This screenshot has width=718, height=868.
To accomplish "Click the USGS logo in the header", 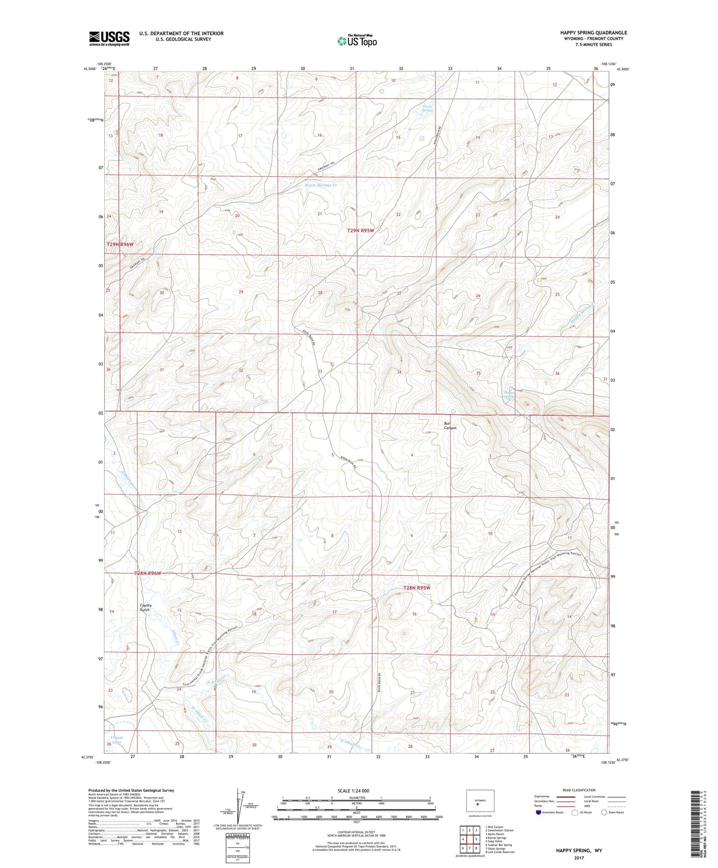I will [109, 38].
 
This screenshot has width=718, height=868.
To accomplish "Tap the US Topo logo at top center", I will [357, 41].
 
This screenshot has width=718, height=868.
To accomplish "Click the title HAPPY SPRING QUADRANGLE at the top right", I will [587, 33].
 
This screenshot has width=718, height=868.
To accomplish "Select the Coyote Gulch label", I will [145, 607].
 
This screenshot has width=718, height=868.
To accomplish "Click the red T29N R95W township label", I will [367, 230].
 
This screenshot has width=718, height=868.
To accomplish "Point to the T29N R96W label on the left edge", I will [120, 244].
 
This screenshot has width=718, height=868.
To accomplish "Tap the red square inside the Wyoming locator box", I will [477, 804].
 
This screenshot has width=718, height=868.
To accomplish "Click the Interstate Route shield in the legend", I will [538, 812].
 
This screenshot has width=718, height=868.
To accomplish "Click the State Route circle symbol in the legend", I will [605, 812].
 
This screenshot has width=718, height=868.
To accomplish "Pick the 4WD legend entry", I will [589, 805].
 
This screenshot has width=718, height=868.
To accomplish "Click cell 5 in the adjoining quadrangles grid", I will [476, 839].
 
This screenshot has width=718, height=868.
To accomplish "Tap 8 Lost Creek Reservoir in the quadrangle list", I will [500, 852].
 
